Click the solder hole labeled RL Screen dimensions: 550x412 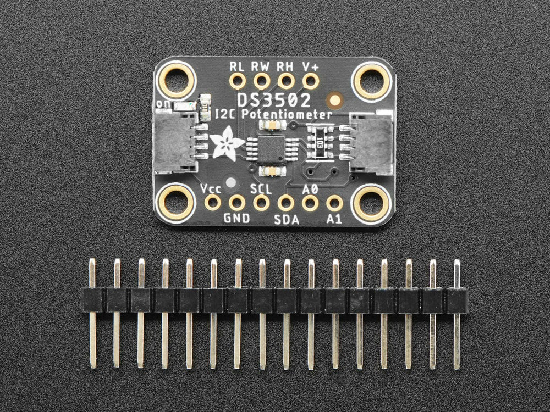[237, 81]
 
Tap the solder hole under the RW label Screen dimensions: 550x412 [261, 81]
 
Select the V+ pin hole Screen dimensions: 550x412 [310, 81]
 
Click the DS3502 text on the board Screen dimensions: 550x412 [274, 100]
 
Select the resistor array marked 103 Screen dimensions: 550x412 [319, 143]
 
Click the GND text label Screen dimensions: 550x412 [237, 219]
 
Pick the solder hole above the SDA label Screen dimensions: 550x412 [286, 203]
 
